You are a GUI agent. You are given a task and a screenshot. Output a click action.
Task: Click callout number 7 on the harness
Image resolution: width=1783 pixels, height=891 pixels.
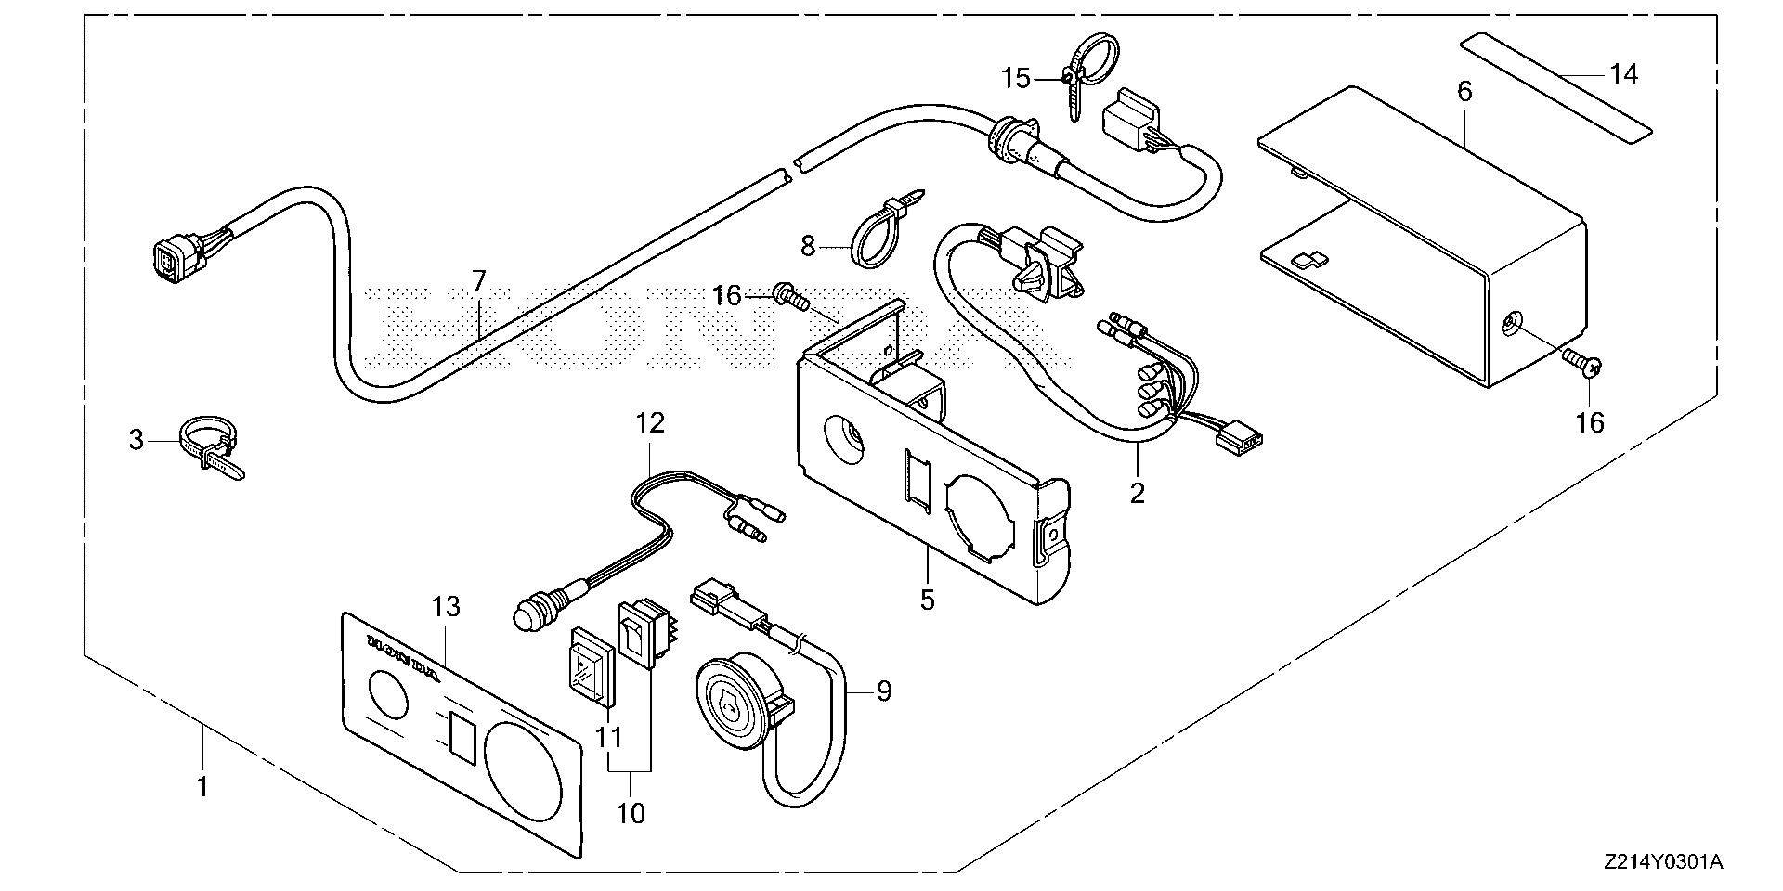479,280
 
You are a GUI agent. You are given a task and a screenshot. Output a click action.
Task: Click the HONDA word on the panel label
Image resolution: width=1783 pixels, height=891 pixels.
403,653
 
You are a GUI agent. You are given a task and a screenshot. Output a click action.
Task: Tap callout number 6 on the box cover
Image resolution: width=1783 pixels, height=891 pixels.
1464,91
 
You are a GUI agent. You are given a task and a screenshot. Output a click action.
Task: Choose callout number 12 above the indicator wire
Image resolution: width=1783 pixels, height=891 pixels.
650,423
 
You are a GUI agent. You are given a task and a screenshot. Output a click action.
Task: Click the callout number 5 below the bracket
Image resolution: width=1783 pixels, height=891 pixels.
927,600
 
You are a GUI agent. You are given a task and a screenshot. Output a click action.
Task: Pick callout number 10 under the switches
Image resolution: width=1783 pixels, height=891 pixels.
630,813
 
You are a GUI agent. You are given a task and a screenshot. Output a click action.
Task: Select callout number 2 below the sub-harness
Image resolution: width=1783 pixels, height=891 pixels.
1137,492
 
